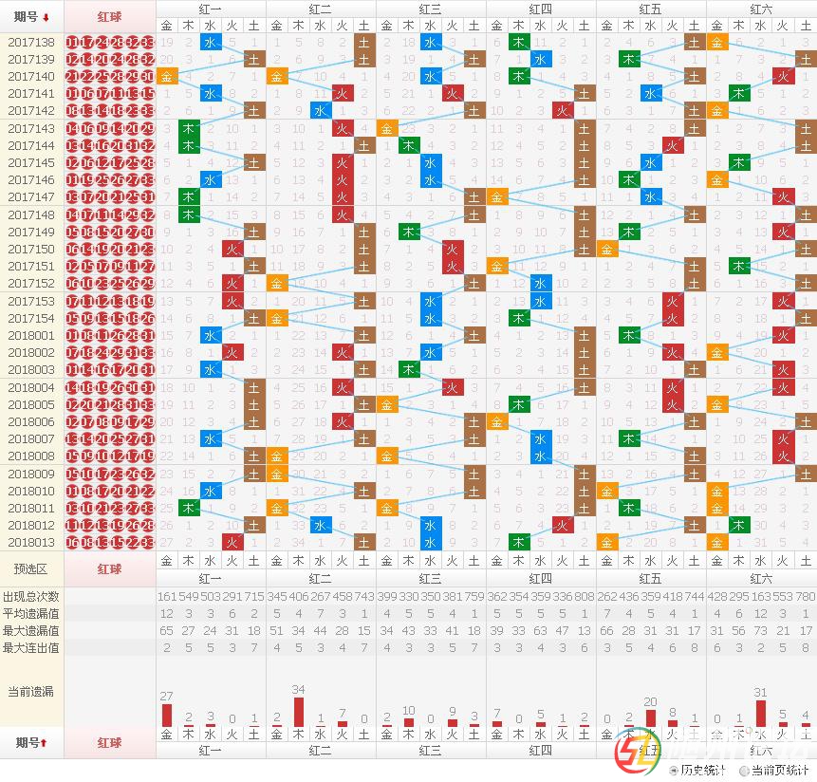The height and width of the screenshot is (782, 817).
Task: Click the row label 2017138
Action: point(31,43)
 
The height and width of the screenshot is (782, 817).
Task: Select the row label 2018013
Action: point(31,543)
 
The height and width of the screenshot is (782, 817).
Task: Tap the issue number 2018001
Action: point(31,336)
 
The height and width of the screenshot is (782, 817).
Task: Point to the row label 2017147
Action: point(31,197)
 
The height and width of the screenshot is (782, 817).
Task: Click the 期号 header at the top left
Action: point(31,17)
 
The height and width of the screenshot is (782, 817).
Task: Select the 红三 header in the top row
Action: point(431,9)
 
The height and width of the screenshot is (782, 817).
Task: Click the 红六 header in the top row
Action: point(760,9)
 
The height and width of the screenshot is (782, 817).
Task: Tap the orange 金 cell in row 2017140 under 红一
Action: point(167,77)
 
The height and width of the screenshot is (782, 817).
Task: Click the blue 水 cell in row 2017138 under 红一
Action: point(211,43)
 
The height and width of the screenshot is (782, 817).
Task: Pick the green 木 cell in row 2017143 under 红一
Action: point(189,128)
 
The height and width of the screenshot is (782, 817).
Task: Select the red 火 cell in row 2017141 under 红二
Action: point(343,94)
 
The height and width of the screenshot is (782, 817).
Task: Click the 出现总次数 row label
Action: point(31,596)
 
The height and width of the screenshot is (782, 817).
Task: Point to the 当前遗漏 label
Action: point(31,691)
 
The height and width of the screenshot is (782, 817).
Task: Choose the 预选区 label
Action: point(31,568)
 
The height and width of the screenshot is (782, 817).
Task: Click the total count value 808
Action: point(585,596)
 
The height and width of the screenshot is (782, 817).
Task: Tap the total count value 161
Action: point(167,596)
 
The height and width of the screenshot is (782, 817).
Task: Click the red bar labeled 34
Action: point(299,712)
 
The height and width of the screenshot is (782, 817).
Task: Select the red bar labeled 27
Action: point(167,715)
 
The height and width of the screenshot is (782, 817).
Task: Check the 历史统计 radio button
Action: point(674,771)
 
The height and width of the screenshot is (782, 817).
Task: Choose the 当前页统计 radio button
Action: point(744,771)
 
